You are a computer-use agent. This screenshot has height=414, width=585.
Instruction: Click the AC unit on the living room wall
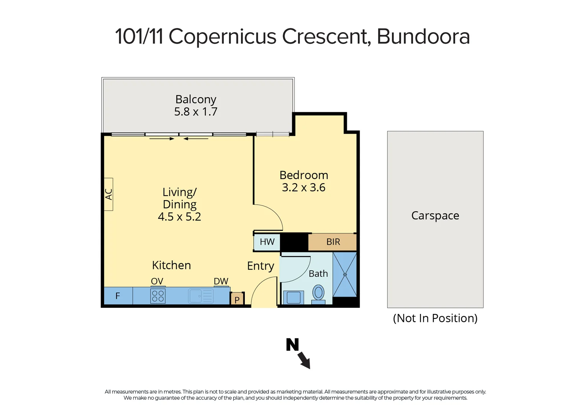pyautogui.click(x=109, y=194)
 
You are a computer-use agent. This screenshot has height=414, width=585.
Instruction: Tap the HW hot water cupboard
pyautogui.click(x=267, y=242)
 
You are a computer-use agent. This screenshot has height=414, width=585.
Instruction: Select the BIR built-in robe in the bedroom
pyautogui.click(x=333, y=242)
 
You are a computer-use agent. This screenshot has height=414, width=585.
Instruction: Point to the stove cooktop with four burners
pyautogui.click(x=158, y=296)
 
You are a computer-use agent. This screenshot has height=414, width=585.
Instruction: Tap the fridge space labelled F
pyautogui.click(x=118, y=296)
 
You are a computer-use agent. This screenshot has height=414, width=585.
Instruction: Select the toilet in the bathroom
pyautogui.click(x=318, y=293)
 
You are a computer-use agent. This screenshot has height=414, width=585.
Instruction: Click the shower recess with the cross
pyautogui.click(x=345, y=274)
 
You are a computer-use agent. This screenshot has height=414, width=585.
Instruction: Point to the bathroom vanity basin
pyautogui.click(x=293, y=297)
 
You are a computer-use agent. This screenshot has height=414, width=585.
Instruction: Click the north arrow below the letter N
pyautogui.click(x=304, y=360)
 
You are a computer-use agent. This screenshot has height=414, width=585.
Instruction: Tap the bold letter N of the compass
pyautogui.click(x=292, y=345)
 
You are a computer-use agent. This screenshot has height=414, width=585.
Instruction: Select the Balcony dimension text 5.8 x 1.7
pyautogui.click(x=196, y=112)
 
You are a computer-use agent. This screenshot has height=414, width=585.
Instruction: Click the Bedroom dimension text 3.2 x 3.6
pyautogui.click(x=303, y=187)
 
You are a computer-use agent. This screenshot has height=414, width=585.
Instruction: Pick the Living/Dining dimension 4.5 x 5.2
pyautogui.click(x=179, y=217)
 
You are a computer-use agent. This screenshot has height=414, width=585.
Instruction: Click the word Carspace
pyautogui.click(x=435, y=215)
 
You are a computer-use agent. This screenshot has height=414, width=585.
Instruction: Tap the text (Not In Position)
pyautogui.click(x=435, y=318)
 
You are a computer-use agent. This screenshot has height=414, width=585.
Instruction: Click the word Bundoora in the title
pyautogui.click(x=423, y=37)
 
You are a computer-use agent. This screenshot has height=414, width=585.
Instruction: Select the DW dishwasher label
pyautogui.click(x=221, y=281)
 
